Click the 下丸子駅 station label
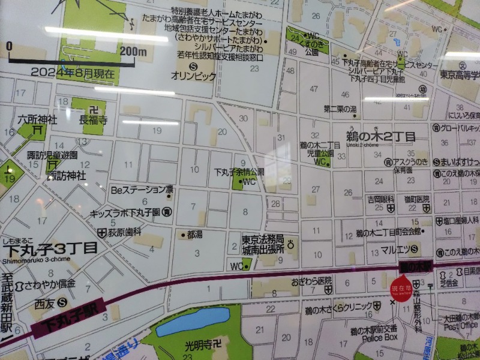coord(72,319)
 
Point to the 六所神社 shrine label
coord(37,119)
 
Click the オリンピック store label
coord(193,76)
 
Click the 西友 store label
coord(44,302)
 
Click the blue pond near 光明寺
coord(193,321)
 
